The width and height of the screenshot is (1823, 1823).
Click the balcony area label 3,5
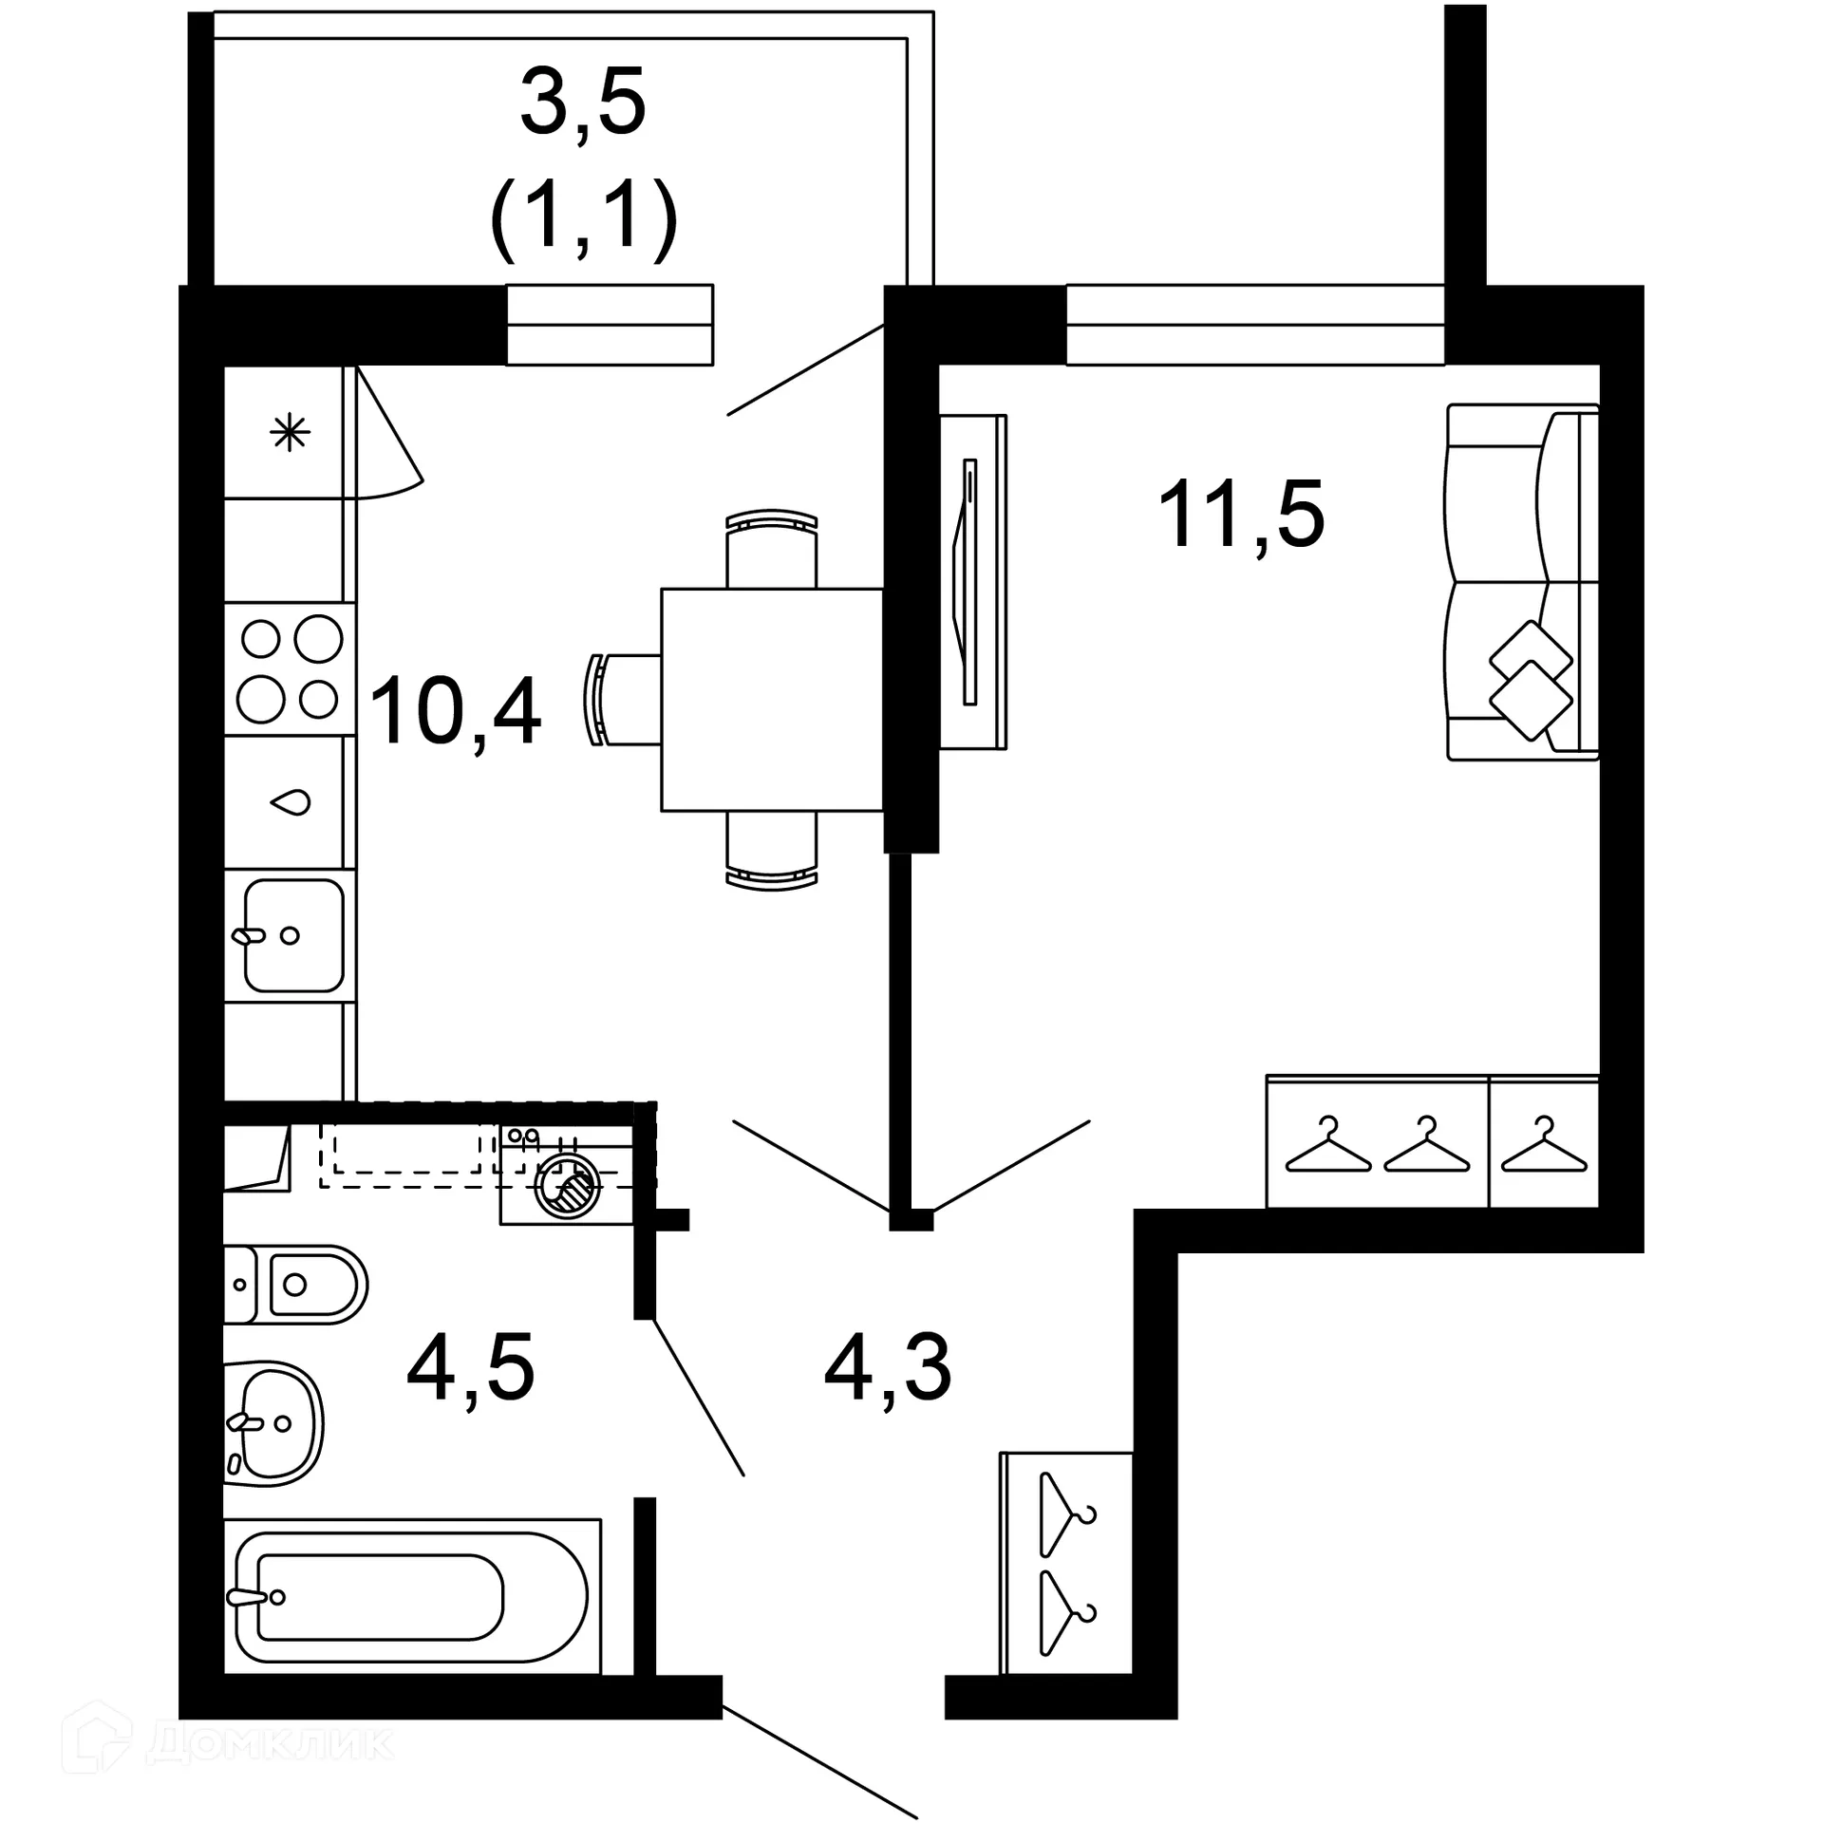[583, 101]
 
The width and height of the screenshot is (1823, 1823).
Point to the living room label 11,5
[1241, 515]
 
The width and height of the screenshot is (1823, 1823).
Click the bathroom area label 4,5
[471, 1368]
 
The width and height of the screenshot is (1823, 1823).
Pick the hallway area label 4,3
[888, 1368]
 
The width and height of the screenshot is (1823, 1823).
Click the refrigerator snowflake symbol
[290, 434]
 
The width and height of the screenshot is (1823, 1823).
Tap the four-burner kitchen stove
[290, 668]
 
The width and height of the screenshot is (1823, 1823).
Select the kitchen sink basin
[293, 935]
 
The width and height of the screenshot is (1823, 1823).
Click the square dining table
[771, 700]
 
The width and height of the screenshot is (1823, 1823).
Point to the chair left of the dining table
[624, 700]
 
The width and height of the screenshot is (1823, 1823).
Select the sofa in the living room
[1521, 582]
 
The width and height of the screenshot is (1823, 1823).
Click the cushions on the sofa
[1530, 680]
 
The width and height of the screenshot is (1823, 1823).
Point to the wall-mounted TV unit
[971, 581]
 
